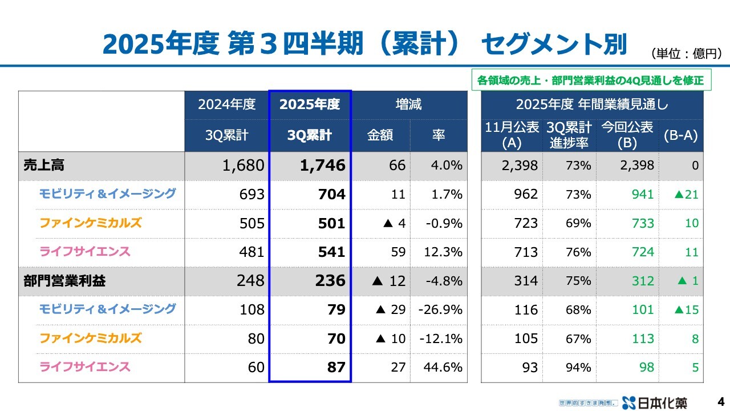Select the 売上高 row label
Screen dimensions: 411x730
click(44, 166)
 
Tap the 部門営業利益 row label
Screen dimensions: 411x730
click(64, 281)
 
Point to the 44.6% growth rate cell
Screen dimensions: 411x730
click(443, 367)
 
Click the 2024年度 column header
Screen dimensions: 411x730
click(226, 104)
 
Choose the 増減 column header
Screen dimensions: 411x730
click(408, 104)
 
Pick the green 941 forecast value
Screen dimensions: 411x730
click(643, 195)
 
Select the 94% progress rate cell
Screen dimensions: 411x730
click(578, 367)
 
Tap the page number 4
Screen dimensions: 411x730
click(720, 401)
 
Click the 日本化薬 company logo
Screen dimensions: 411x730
click(655, 402)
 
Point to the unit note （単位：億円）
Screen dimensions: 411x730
click(687, 54)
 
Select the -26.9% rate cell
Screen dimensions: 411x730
click(440, 309)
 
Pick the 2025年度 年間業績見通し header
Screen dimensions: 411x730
click(592, 104)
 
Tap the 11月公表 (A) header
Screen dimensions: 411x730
click(512, 135)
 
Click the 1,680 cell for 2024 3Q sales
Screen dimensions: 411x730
click(244, 166)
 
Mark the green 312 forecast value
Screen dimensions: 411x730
click(643, 281)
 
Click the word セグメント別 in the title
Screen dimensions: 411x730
click(554, 45)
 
